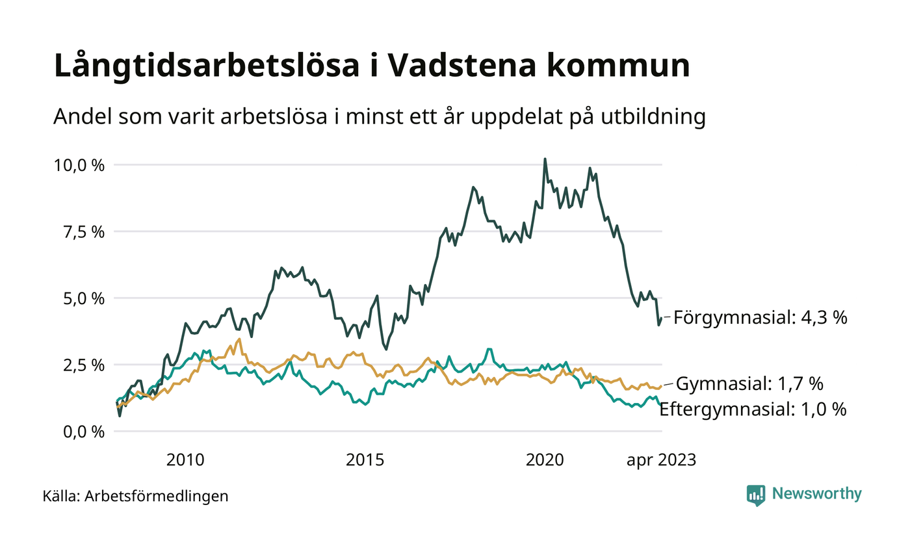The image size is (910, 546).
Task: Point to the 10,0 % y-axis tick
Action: click(79, 165)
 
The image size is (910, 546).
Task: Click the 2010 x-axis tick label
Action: click(185, 460)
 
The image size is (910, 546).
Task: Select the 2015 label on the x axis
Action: click(365, 460)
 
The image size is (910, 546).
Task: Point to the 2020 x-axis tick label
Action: click(545, 460)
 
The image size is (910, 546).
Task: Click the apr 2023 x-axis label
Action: click(661, 460)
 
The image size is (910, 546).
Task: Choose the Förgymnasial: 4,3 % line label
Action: click(760, 318)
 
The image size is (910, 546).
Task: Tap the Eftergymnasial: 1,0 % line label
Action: click(753, 409)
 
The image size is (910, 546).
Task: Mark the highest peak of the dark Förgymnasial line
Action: click(545, 159)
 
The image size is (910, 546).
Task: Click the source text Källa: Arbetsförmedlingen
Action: click(135, 497)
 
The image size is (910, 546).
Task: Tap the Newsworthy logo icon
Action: click(756, 495)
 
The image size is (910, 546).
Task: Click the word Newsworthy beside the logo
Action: click(816, 494)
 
